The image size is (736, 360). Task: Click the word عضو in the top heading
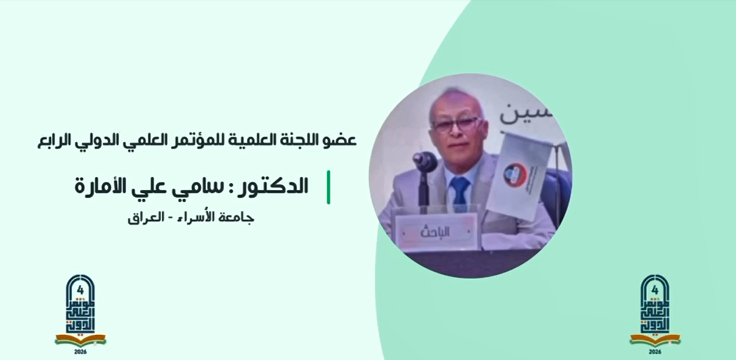coord(342,140)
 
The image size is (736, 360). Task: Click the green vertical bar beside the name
coord(329,187)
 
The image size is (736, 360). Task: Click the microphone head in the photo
coord(425,161)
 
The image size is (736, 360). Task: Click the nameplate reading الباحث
coord(436,232)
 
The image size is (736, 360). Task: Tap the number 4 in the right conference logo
coord(655,290)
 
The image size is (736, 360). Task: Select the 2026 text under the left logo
coord(80,352)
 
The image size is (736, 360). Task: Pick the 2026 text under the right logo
coord(655,352)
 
